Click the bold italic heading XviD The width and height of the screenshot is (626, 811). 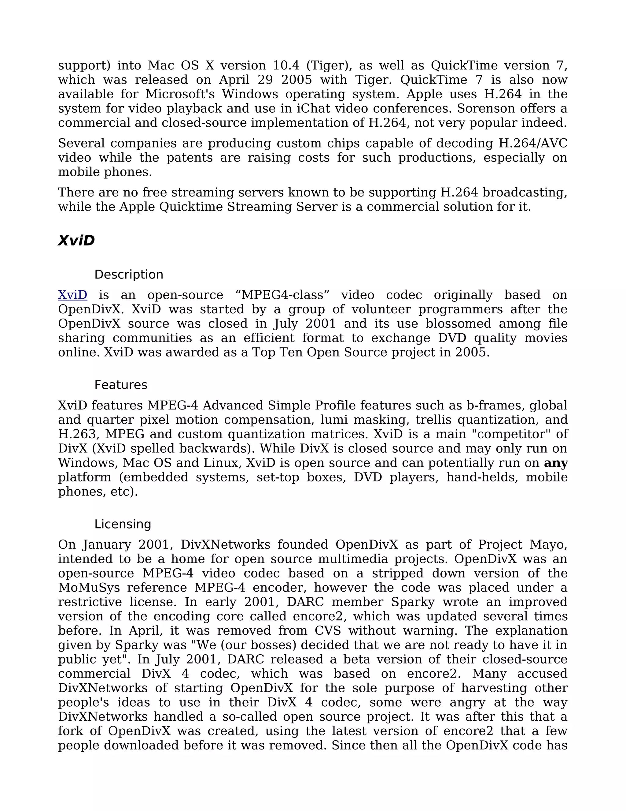(x=76, y=241)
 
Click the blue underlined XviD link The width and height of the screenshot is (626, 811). (x=73, y=295)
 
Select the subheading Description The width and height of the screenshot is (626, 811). (x=129, y=275)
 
